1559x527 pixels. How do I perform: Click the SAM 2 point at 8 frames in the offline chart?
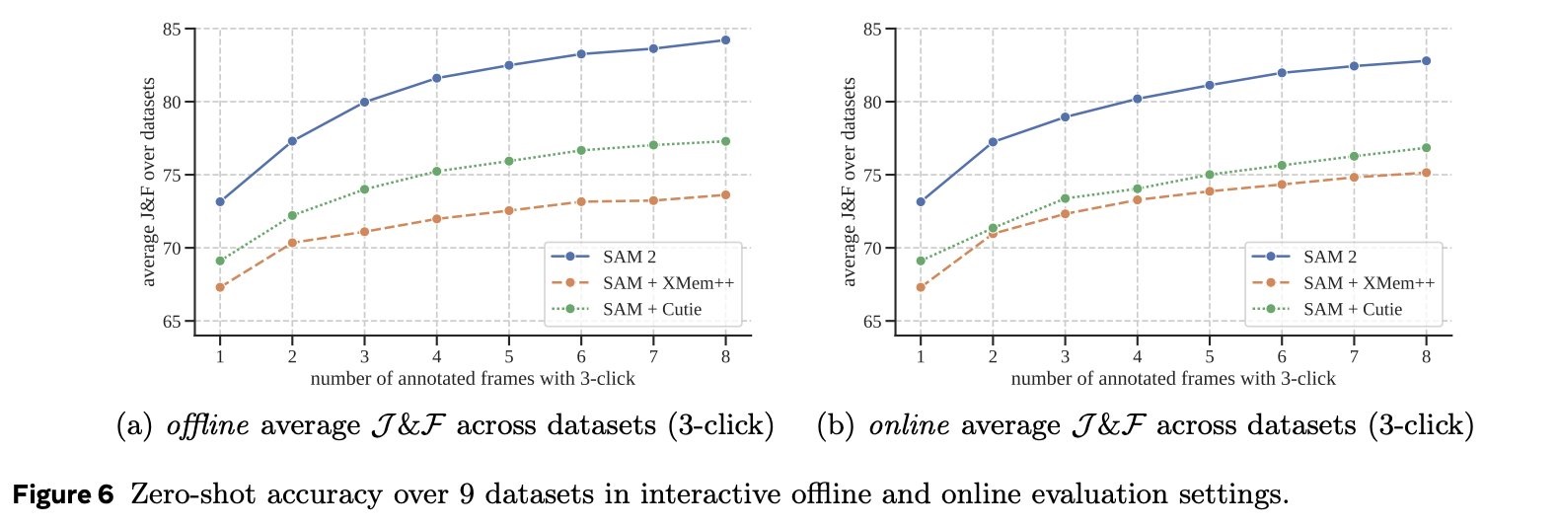[x=725, y=40]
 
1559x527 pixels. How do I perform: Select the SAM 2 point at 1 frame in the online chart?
[x=921, y=202]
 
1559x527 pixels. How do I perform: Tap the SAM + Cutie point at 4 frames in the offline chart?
[x=436, y=172]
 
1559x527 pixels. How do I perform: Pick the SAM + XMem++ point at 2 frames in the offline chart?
[x=292, y=243]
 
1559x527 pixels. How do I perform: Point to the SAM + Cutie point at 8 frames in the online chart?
[x=1426, y=148]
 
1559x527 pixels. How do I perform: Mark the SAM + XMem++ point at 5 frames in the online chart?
[x=1209, y=191]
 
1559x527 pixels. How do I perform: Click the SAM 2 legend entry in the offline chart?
[x=629, y=257]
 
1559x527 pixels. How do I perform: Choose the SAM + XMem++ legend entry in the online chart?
[x=1369, y=283]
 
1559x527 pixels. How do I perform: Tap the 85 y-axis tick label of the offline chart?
[x=172, y=30]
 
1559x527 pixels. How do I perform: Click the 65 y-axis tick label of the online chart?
[x=872, y=322]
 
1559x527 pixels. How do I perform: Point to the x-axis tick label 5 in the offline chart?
[x=508, y=357]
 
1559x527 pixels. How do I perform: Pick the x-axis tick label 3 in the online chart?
[x=1065, y=357]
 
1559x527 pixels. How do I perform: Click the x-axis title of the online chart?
[x=1173, y=379]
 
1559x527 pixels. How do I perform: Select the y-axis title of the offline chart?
[x=149, y=182]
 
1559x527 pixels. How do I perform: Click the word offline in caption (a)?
[x=208, y=426]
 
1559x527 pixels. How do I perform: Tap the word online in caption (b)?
[x=909, y=426]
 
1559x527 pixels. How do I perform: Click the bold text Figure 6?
[x=63, y=494]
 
